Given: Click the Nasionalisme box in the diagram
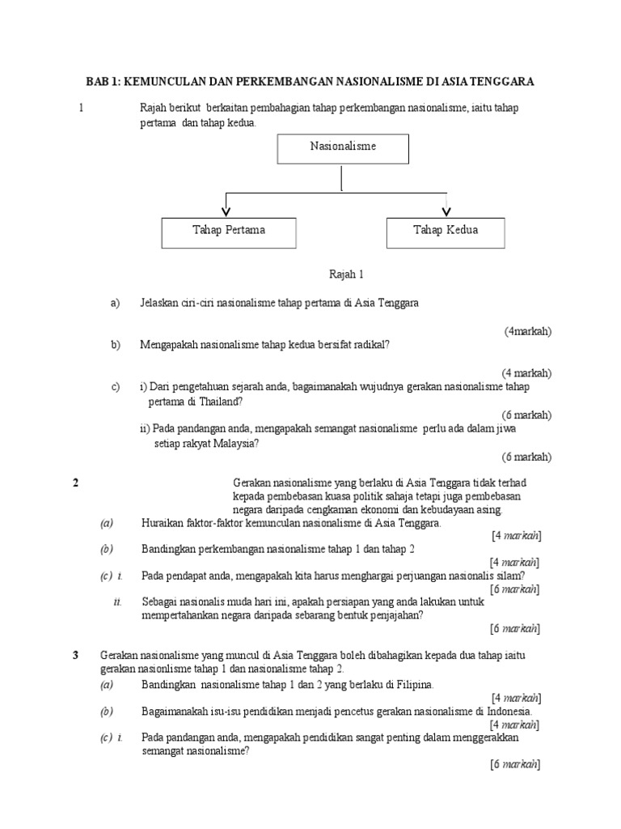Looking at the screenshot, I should (x=343, y=147).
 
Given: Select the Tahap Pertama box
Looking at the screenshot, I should (x=229, y=231).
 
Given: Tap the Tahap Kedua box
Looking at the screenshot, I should (x=446, y=231).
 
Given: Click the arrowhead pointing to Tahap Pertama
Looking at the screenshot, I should (x=226, y=210).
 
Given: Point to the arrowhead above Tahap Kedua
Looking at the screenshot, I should (x=446, y=210).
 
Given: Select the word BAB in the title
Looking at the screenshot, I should (x=99, y=83).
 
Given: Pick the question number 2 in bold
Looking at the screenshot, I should (x=76, y=483).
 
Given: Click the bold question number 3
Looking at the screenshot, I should (x=76, y=654).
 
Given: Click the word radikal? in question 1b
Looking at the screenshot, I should (x=370, y=345).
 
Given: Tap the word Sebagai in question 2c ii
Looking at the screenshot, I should (x=161, y=602).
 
